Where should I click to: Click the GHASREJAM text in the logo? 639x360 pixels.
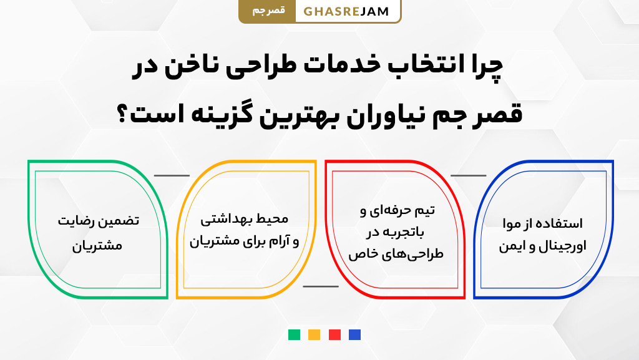tap(347, 11)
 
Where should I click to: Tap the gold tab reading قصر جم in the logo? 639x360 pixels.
tap(268, 11)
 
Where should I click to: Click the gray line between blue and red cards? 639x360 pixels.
tap(468, 175)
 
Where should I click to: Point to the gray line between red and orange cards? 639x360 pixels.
tap(320, 286)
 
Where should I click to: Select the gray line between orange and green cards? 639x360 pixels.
tap(172, 175)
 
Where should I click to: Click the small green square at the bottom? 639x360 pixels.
tap(294, 334)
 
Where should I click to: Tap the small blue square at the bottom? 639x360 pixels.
tap(354, 334)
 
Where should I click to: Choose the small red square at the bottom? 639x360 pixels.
tap(334, 334)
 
